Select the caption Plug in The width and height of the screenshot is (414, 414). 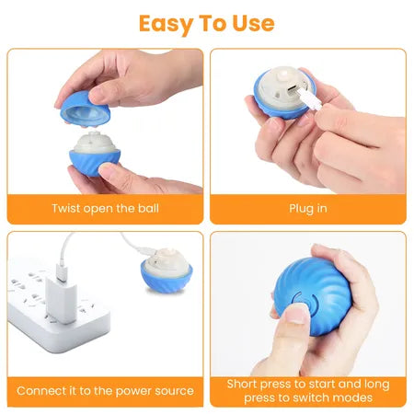coord(307,208)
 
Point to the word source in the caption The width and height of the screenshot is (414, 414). coord(172,391)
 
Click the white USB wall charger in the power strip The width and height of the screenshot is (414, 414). coord(67,299)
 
